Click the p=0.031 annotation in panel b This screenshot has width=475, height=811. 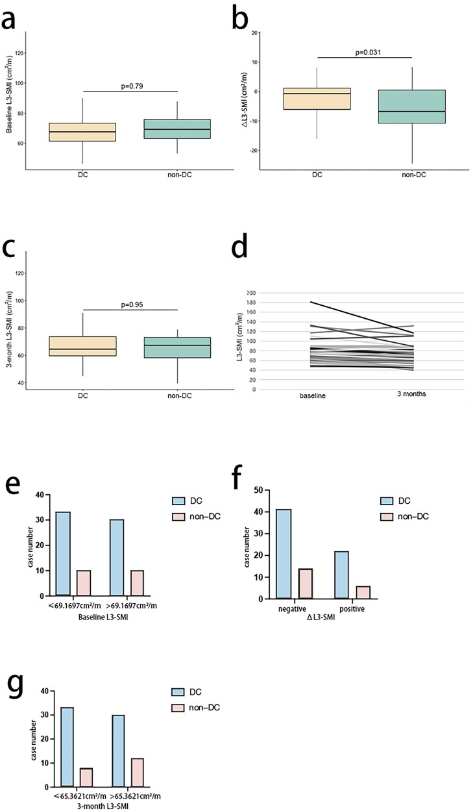pos(368,53)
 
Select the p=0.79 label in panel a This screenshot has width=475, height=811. pos(132,86)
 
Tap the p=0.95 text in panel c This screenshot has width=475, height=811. pos(132,305)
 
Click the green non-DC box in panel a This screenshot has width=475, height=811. pos(177,129)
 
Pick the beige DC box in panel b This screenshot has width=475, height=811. pos(317,99)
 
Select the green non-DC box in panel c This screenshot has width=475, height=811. pos(177,347)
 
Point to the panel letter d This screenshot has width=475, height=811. pos(239,245)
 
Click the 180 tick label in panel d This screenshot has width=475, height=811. pos(251,303)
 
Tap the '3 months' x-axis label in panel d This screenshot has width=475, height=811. pos(411,394)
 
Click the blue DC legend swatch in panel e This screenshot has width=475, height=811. pos(178,501)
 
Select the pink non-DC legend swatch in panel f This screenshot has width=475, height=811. pos(387,517)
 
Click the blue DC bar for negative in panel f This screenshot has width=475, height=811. pos(284,554)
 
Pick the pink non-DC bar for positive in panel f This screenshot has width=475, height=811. pos(363,592)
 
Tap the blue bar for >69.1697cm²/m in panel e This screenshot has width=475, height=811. pos(117,558)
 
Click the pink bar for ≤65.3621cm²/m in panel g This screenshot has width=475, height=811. pos(86,777)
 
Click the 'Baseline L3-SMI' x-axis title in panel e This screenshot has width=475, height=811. pos(103,618)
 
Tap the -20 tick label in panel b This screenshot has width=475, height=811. pos(254,151)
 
